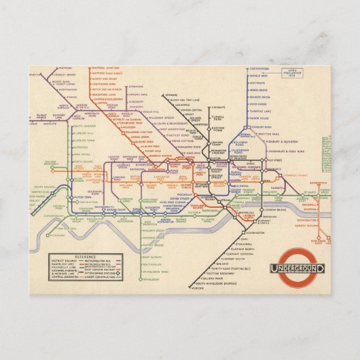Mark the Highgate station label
(x=217, y=107)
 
